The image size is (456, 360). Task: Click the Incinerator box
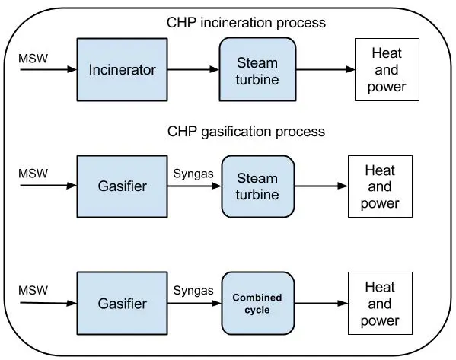(x=122, y=70)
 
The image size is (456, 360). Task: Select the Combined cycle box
(x=258, y=303)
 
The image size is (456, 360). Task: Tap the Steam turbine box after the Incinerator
(x=257, y=69)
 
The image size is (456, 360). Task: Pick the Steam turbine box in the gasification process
(x=258, y=186)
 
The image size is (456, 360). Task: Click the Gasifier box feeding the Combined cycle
(x=122, y=303)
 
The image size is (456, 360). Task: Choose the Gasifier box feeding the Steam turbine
(x=122, y=186)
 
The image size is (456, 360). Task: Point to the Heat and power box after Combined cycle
(x=380, y=303)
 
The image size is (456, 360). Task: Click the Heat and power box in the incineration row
(x=387, y=70)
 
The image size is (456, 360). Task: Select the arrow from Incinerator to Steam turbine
(x=193, y=69)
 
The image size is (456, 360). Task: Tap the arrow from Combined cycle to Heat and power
(x=321, y=303)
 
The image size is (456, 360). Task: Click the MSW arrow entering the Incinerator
(x=49, y=69)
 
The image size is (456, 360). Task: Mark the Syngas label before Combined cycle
(x=193, y=291)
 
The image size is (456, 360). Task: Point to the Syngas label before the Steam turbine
(x=193, y=174)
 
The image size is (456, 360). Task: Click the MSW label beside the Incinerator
(x=33, y=59)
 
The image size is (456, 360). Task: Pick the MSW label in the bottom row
(x=33, y=290)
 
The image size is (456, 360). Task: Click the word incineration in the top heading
(x=237, y=23)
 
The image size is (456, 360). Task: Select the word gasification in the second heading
(x=237, y=132)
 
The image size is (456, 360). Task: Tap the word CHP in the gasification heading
(x=182, y=132)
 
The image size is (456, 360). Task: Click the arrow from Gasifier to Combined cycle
(x=195, y=303)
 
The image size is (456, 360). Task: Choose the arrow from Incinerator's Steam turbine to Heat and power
(x=325, y=69)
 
